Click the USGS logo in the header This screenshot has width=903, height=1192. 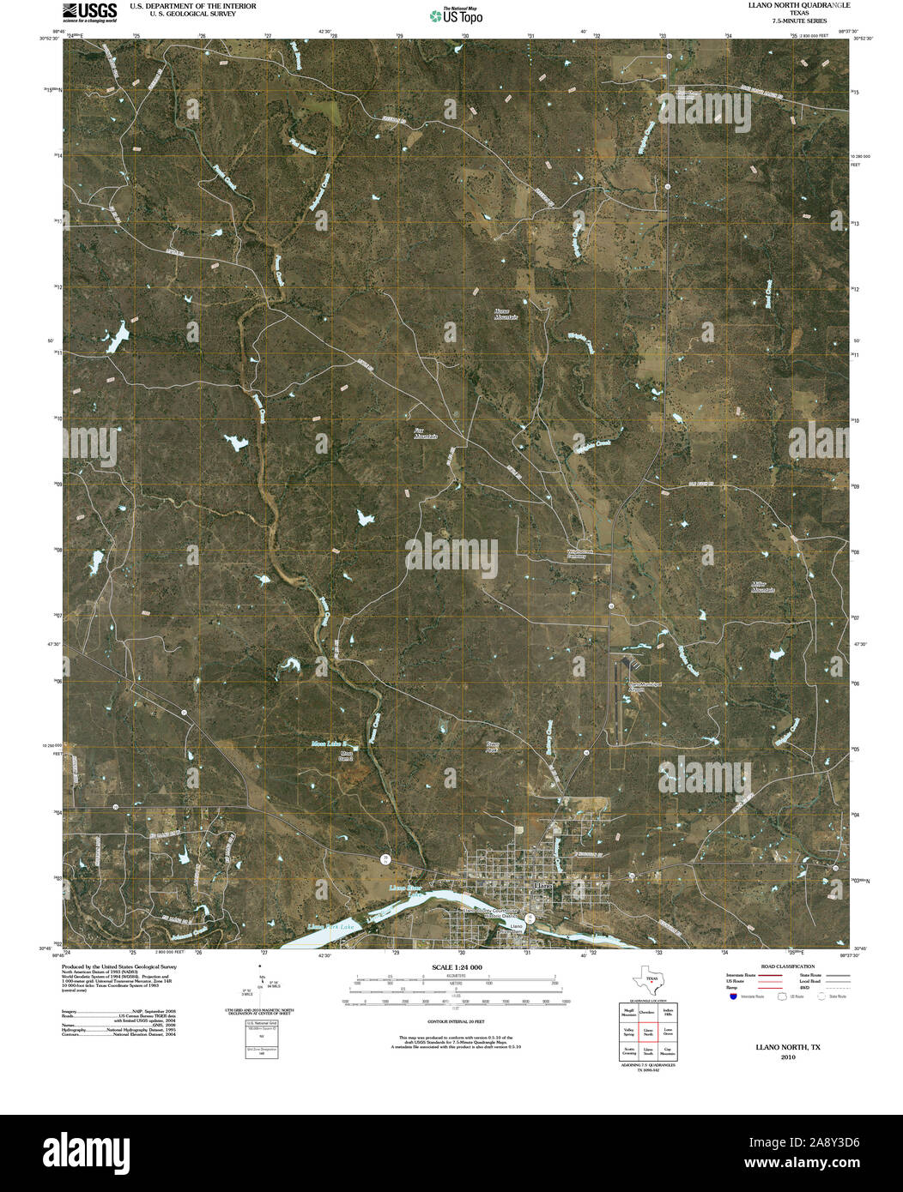[x=89, y=12]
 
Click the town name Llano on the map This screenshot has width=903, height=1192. [x=543, y=884]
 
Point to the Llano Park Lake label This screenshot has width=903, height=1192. [x=330, y=928]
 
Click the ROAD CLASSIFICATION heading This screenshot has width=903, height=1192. [x=781, y=966]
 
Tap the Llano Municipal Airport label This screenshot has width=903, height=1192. [x=636, y=686]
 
